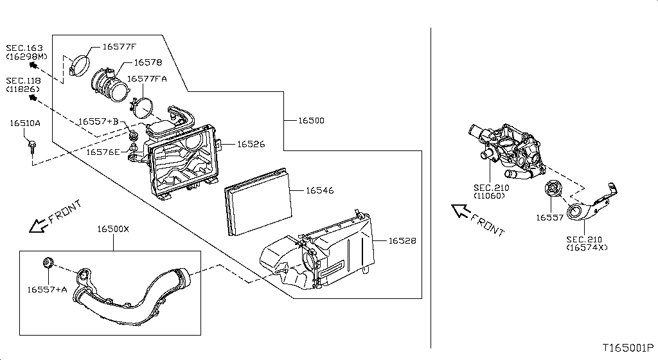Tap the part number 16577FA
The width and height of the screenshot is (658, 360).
point(147,78)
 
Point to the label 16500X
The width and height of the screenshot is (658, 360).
point(113,229)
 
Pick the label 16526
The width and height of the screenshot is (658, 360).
point(251,144)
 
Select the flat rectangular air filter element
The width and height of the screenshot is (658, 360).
point(257,201)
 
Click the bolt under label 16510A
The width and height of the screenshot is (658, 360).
point(31,147)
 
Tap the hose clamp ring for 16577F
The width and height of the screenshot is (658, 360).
point(80,64)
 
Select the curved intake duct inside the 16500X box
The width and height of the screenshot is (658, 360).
point(129,299)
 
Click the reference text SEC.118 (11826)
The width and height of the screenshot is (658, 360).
point(23,85)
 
